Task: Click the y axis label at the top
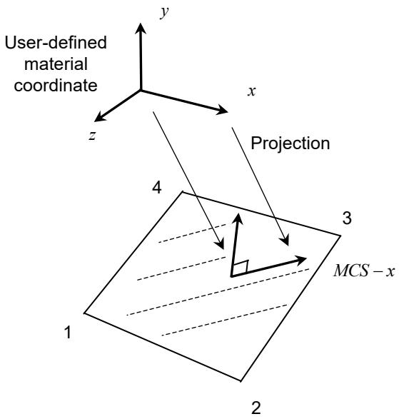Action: [164, 13]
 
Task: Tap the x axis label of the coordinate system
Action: [251, 91]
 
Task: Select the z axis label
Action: [92, 136]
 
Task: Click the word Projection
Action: [291, 143]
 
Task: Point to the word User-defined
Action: [56, 43]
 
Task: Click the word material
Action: [56, 64]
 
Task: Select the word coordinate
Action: [56, 86]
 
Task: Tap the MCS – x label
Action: [364, 271]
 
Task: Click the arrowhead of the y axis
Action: [141, 28]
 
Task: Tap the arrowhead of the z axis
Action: [100, 116]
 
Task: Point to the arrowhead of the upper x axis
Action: [223, 109]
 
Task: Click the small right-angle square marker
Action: [241, 267]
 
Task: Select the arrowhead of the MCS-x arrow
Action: [300, 260]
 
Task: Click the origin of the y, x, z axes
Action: [141, 91]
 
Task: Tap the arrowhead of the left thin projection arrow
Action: [221, 244]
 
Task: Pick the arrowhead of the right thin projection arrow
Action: [286, 241]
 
